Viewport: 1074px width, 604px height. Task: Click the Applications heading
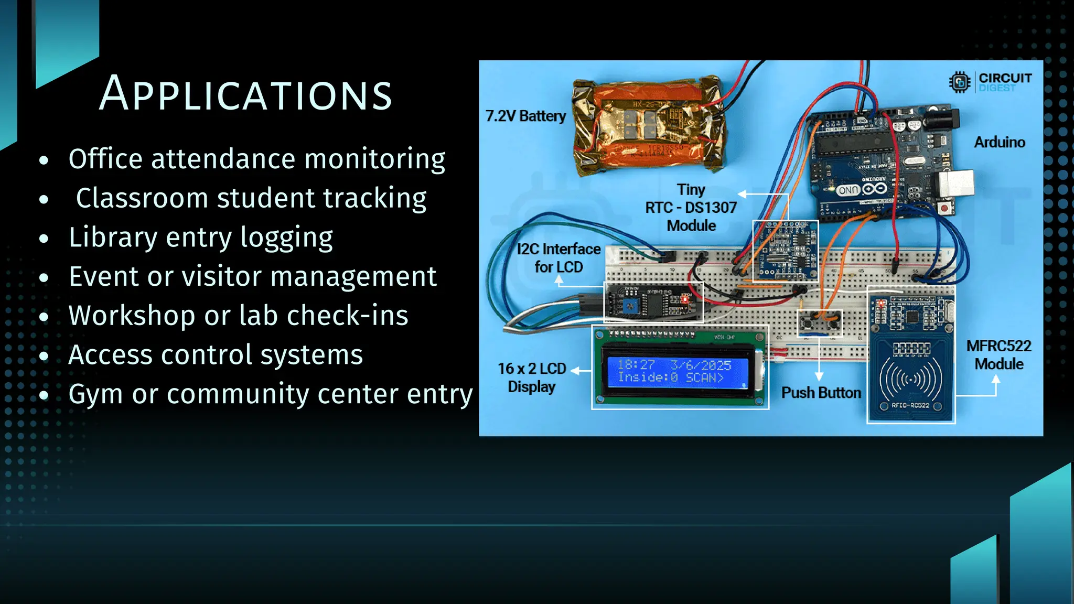coord(245,94)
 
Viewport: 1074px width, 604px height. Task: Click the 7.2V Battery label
coord(525,116)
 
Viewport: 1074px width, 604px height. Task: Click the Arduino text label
coord(999,142)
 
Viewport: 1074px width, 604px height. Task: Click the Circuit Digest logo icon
coord(960,82)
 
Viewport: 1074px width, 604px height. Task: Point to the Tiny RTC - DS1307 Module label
coord(691,208)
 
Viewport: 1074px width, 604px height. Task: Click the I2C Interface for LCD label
coord(559,258)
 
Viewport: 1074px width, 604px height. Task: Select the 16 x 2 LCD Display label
coord(531,377)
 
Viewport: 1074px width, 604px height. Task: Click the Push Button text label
coord(821,393)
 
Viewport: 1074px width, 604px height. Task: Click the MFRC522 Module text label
coord(998,355)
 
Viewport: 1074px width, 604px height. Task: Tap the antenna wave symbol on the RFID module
coord(911,379)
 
